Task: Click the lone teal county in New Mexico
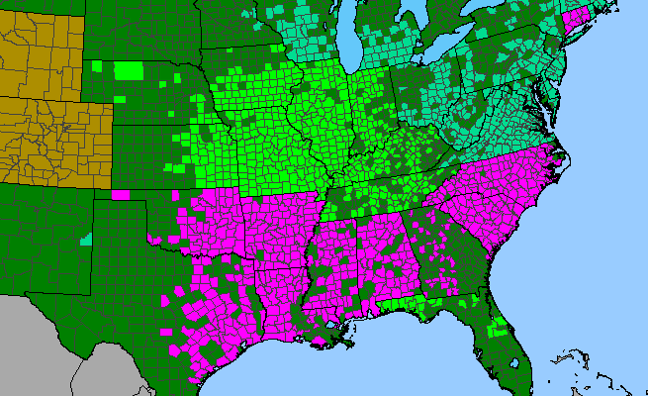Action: pos(86,239)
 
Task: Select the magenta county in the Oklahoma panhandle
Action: pos(122,194)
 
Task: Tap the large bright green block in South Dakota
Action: pos(128,70)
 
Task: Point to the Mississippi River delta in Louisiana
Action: pos(346,342)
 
